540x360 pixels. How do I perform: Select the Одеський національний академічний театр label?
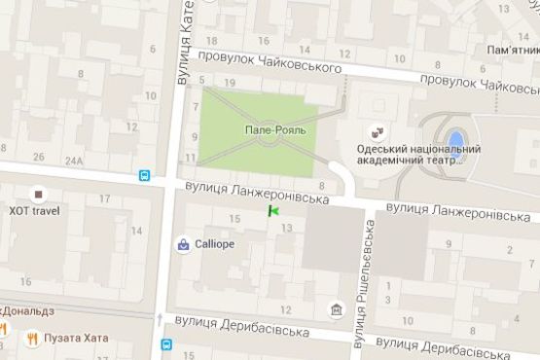pos(419,155)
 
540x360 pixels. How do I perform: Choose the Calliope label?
pos(214,244)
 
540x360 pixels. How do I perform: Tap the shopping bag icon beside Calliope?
pos(183,244)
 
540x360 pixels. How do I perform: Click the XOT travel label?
pos(34,210)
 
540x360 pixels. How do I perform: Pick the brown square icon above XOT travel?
pos(38,193)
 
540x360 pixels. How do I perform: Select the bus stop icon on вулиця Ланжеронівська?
pos(144,177)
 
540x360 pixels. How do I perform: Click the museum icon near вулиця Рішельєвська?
pos(336,309)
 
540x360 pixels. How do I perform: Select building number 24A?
pos(73,160)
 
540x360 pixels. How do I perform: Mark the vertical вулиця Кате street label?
pos(184,44)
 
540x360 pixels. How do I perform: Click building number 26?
pos(39,157)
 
